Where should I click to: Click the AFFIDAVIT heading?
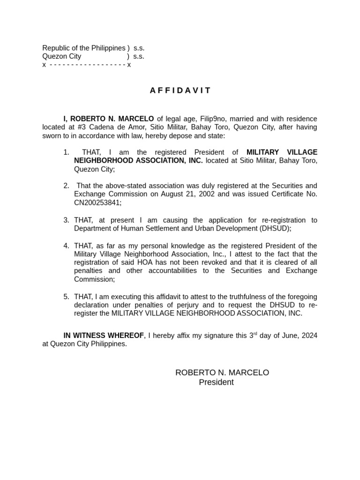click(x=180, y=90)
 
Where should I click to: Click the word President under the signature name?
click(x=216, y=382)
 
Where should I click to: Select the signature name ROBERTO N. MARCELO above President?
click(x=222, y=373)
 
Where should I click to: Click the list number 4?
click(x=66, y=246)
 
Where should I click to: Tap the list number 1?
click(x=66, y=152)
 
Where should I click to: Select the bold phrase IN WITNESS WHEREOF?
click(x=104, y=336)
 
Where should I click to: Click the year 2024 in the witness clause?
click(x=309, y=336)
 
